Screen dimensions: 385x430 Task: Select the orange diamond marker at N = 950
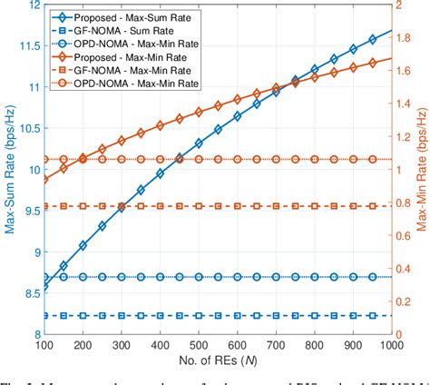tap(373, 63)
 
